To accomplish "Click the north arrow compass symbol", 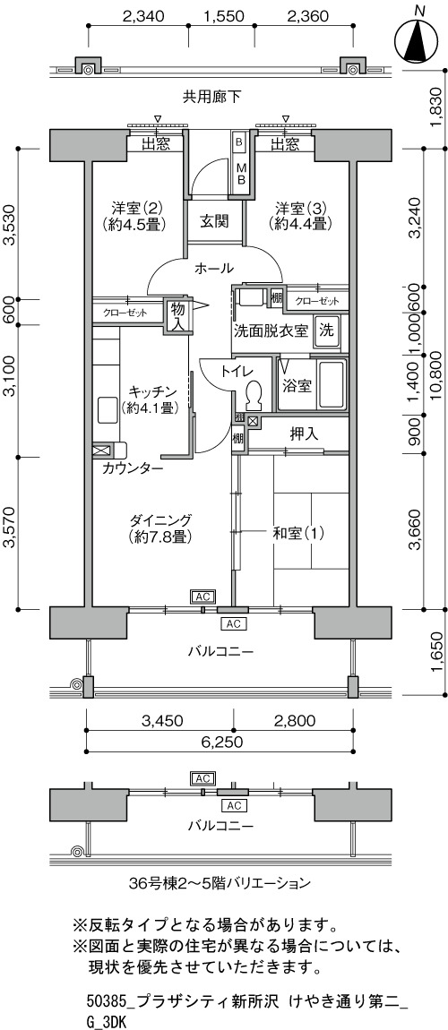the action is pos(418,40).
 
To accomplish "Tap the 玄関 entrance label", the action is pos(214,221).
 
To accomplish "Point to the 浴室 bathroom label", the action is pos(297,386).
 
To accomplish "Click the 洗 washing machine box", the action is pos(326,330).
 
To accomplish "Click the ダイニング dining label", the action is pos(160,519).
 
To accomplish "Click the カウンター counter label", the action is pos(133,468).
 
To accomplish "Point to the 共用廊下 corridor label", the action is pos(211,98).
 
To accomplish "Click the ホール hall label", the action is pos(214,268).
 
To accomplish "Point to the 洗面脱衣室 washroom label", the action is pos(271,330).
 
